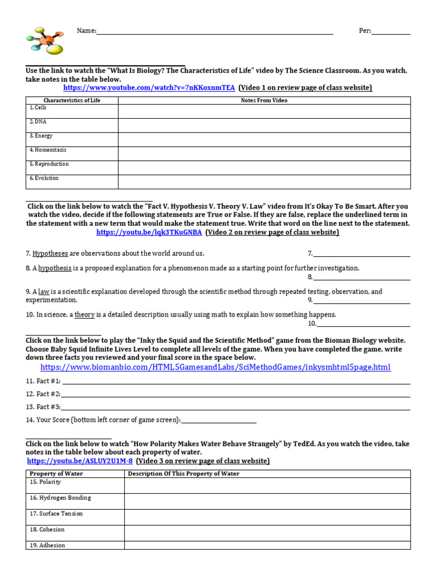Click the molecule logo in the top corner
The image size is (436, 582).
(45, 40)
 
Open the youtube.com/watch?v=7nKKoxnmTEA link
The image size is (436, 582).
(149, 88)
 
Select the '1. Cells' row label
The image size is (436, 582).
(38, 108)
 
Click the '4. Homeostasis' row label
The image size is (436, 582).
(48, 150)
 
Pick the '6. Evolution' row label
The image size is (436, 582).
(44, 178)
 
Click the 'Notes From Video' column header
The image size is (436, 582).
(264, 101)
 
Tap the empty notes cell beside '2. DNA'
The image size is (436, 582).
(264, 125)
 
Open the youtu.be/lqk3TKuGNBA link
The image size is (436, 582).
(149, 232)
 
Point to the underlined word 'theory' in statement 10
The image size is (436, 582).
(85, 314)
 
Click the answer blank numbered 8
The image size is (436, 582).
(362, 278)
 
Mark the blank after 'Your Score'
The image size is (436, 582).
(219, 421)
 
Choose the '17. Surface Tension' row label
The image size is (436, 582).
(56, 514)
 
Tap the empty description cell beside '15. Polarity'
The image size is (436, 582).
(267, 485)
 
